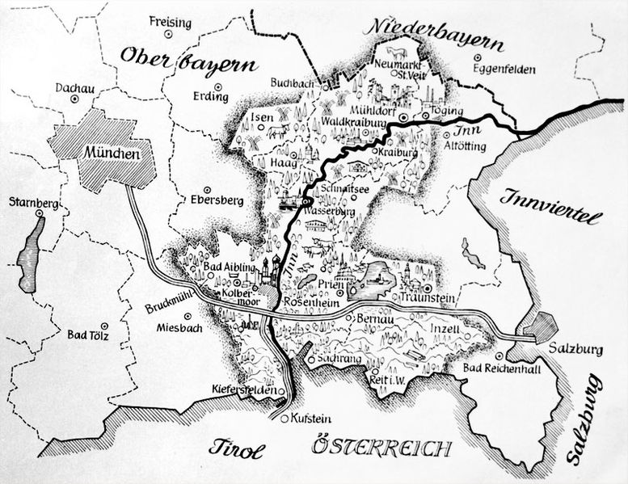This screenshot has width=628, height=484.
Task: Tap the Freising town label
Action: tap(170, 23)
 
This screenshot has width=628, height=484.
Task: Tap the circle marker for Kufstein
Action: tap(283, 418)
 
